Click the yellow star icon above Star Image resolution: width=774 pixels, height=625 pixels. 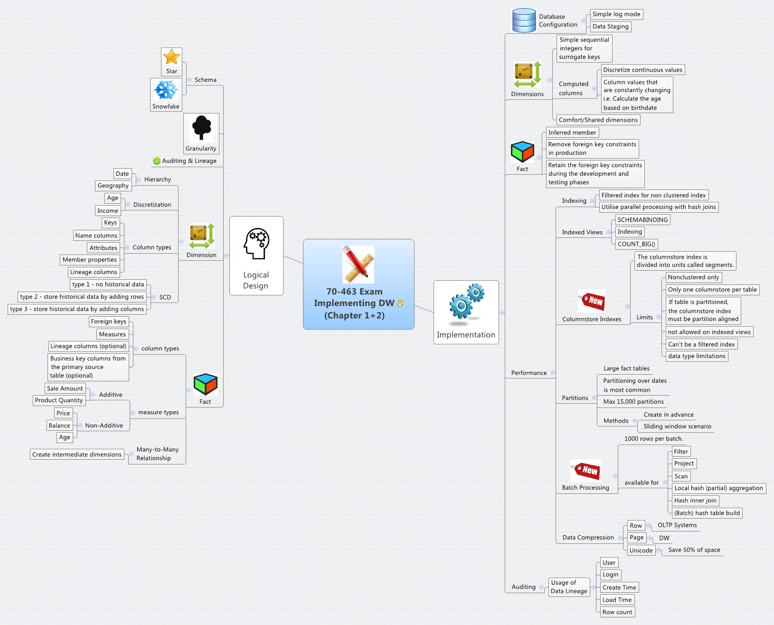[x=171, y=57]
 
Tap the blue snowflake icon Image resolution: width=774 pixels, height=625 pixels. [x=166, y=90]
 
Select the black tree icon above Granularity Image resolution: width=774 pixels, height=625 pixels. [x=201, y=128]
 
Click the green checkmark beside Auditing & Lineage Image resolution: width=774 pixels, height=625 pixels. [x=157, y=161]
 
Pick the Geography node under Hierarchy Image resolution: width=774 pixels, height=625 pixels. [x=113, y=186]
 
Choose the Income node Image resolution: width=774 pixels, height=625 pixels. [x=107, y=211]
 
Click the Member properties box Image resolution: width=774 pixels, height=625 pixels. [x=89, y=260]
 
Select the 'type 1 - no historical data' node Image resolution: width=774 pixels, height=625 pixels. [x=108, y=284]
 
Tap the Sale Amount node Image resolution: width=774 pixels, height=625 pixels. [x=65, y=388]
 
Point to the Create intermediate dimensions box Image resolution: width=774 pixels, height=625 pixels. [x=77, y=455]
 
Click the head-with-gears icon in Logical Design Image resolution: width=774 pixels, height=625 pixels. [x=256, y=243]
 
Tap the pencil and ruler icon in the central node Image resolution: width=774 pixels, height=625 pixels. [x=358, y=264]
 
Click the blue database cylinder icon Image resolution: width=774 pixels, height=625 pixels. [x=524, y=20]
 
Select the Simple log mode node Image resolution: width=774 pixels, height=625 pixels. [x=616, y=14]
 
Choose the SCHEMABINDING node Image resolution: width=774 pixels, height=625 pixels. [x=642, y=220]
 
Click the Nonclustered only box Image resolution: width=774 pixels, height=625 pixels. [x=693, y=277]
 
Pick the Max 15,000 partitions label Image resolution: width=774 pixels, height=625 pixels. [x=633, y=402]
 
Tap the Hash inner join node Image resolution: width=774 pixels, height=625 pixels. [x=695, y=501]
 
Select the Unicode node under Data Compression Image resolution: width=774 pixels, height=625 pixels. [x=641, y=550]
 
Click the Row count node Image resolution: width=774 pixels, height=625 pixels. [x=617, y=612]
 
